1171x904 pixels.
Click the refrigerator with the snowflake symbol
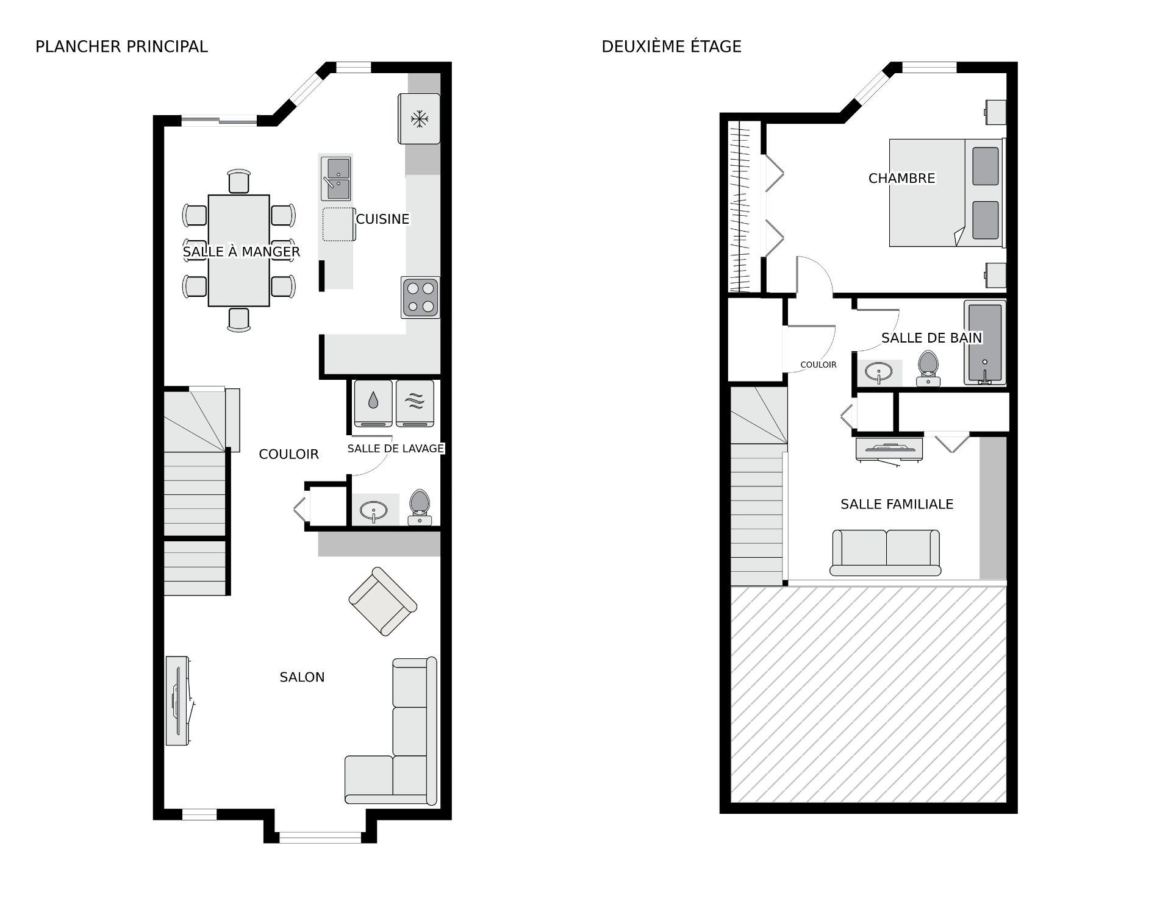[x=419, y=119]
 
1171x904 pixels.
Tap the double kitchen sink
[x=336, y=178]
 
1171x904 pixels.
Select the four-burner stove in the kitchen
[x=420, y=297]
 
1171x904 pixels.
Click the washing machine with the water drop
[x=373, y=404]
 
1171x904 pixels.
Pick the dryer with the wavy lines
[x=415, y=404]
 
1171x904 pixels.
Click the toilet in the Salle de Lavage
[x=420, y=507]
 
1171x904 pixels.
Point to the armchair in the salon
[x=383, y=602]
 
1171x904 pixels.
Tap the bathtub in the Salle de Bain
[x=985, y=343]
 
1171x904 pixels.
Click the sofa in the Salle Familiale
[x=886, y=553]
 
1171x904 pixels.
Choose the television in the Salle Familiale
[x=890, y=450]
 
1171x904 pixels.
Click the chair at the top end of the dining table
[x=238, y=182]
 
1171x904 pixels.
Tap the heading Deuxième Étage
[x=671, y=46]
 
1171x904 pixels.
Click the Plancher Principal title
[x=121, y=46]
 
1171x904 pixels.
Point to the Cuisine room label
[x=382, y=219]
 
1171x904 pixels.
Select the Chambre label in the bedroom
[x=901, y=178]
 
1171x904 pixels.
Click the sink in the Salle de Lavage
[x=373, y=510]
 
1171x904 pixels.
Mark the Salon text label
[x=302, y=677]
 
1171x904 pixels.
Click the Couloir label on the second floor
[x=818, y=365]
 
